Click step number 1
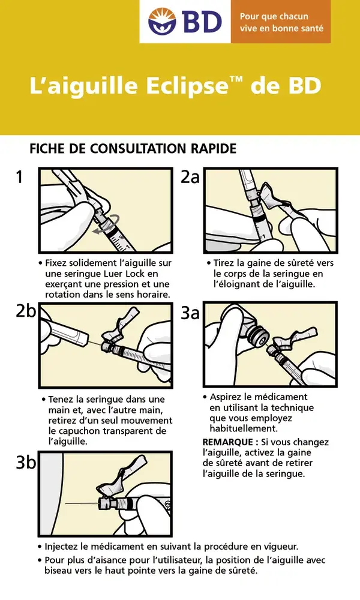tap(20, 177)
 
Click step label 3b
tap(25, 463)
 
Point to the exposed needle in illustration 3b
tap(81, 503)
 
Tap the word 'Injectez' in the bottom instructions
tap(64, 547)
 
